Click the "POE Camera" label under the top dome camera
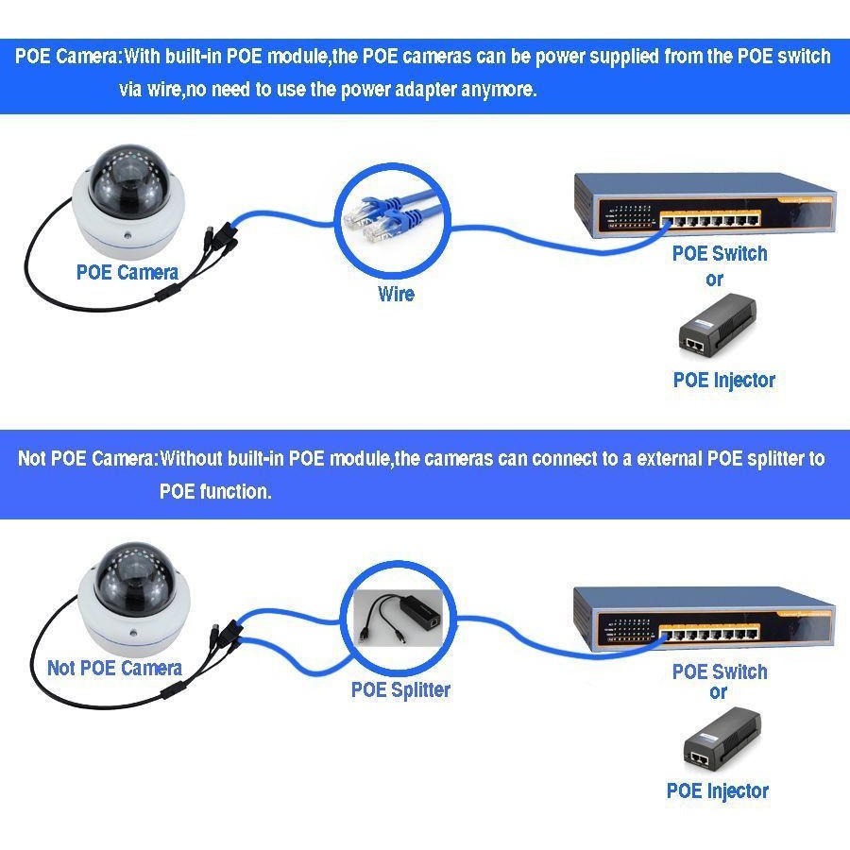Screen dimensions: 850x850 click(127, 272)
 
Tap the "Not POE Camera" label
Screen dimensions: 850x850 click(114, 668)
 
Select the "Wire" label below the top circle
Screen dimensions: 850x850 click(396, 294)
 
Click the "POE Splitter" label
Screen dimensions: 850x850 click(400, 689)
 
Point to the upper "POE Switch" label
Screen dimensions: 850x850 click(720, 253)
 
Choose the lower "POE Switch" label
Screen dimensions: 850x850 click(720, 671)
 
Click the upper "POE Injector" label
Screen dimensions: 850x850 click(723, 380)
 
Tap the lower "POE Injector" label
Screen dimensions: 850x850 click(717, 790)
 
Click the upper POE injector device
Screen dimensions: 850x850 click(717, 324)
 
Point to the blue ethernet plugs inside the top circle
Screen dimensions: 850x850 click(389, 215)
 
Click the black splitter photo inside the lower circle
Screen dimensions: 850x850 click(398, 618)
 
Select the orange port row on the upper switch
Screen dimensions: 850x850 click(710, 219)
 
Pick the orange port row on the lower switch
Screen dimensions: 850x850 click(709, 633)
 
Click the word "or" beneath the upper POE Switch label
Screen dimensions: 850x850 click(715, 280)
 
